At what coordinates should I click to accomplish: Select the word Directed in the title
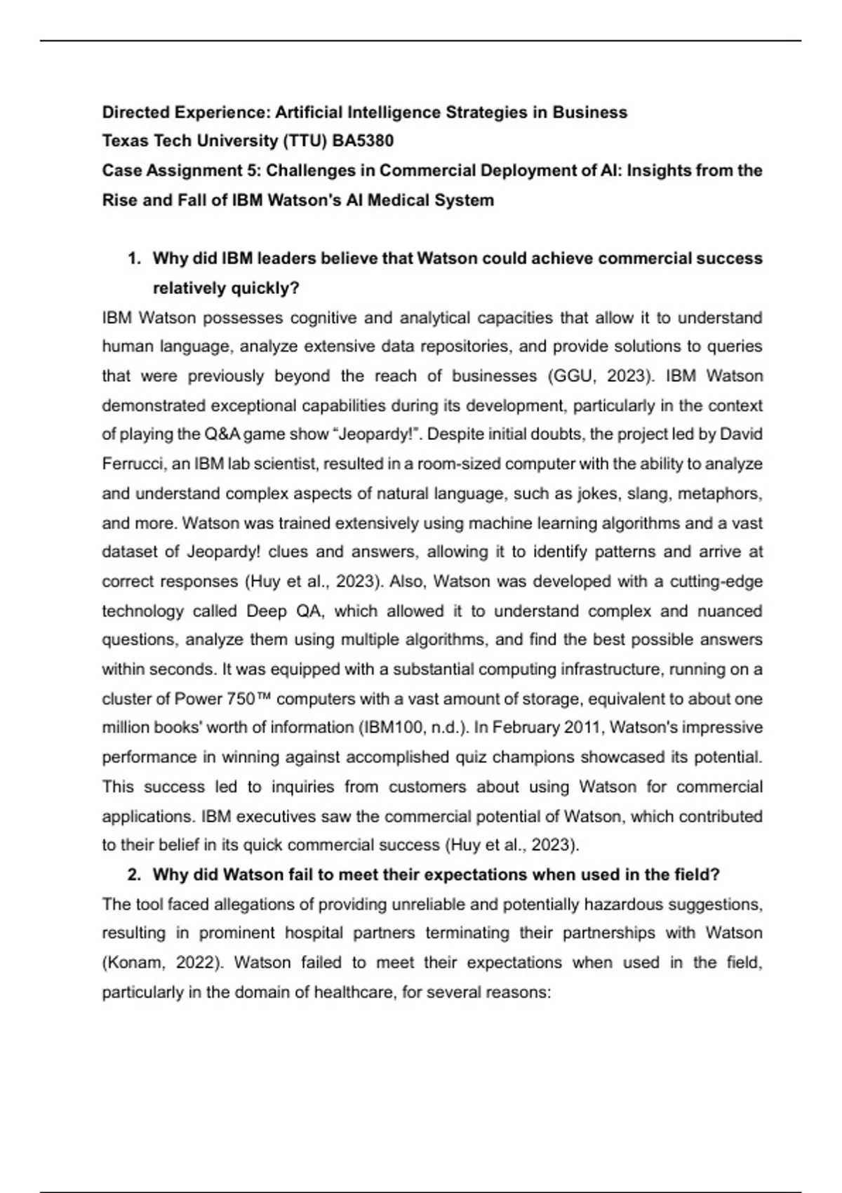[x=135, y=112]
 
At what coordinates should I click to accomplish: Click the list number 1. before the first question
[x=134, y=258]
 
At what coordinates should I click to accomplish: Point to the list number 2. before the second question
[x=134, y=874]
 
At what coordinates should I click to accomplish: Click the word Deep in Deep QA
[x=267, y=611]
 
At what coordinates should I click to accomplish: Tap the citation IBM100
[x=390, y=728]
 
